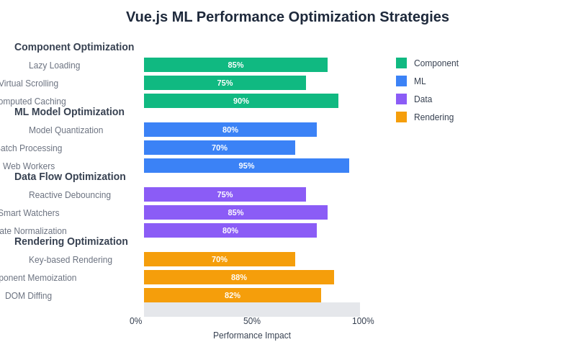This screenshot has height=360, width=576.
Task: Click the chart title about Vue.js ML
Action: click(x=287, y=17)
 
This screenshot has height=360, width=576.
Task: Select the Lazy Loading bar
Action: click(x=235, y=65)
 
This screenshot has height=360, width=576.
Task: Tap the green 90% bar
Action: click(x=241, y=101)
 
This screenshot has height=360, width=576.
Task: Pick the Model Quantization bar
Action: click(x=230, y=130)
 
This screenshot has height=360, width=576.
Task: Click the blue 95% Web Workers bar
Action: click(x=246, y=166)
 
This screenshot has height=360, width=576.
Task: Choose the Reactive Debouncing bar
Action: click(x=225, y=194)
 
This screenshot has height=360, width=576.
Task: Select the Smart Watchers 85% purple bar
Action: click(x=235, y=212)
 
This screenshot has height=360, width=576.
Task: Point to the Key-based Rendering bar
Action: click(x=220, y=259)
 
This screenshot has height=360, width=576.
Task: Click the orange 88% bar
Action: click(x=239, y=277)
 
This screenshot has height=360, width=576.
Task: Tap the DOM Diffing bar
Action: click(x=233, y=295)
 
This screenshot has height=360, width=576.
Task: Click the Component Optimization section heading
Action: click(x=74, y=47)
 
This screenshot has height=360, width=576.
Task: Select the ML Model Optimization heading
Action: click(x=69, y=112)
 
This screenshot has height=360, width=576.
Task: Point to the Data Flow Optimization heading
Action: click(x=70, y=176)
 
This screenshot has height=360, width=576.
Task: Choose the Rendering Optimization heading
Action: click(x=71, y=241)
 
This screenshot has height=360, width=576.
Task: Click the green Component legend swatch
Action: click(x=401, y=63)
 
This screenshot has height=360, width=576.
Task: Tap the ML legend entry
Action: click(x=419, y=81)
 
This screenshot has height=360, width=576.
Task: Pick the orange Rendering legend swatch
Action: click(x=401, y=117)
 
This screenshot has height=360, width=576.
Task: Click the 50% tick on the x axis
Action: click(x=252, y=321)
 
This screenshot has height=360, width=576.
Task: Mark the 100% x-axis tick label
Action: click(x=363, y=321)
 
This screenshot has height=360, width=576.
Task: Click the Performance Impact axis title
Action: click(x=252, y=336)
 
